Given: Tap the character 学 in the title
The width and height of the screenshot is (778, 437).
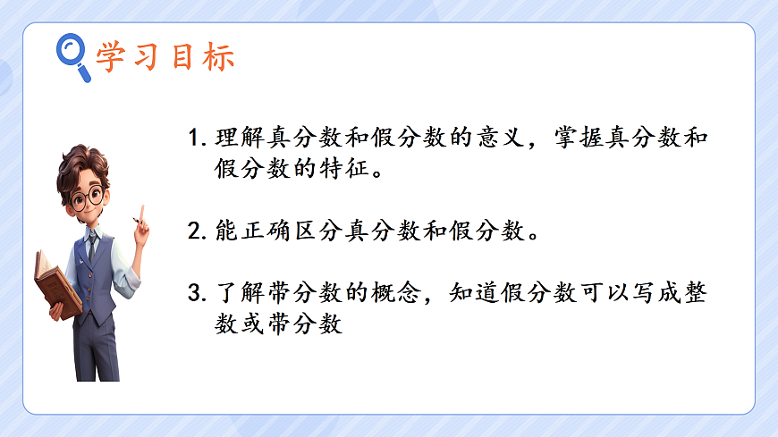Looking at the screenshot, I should coord(110,56).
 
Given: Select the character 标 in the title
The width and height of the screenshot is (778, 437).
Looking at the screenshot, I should coord(220,56).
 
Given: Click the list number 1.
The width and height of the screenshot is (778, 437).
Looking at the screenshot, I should coord(195,140).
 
